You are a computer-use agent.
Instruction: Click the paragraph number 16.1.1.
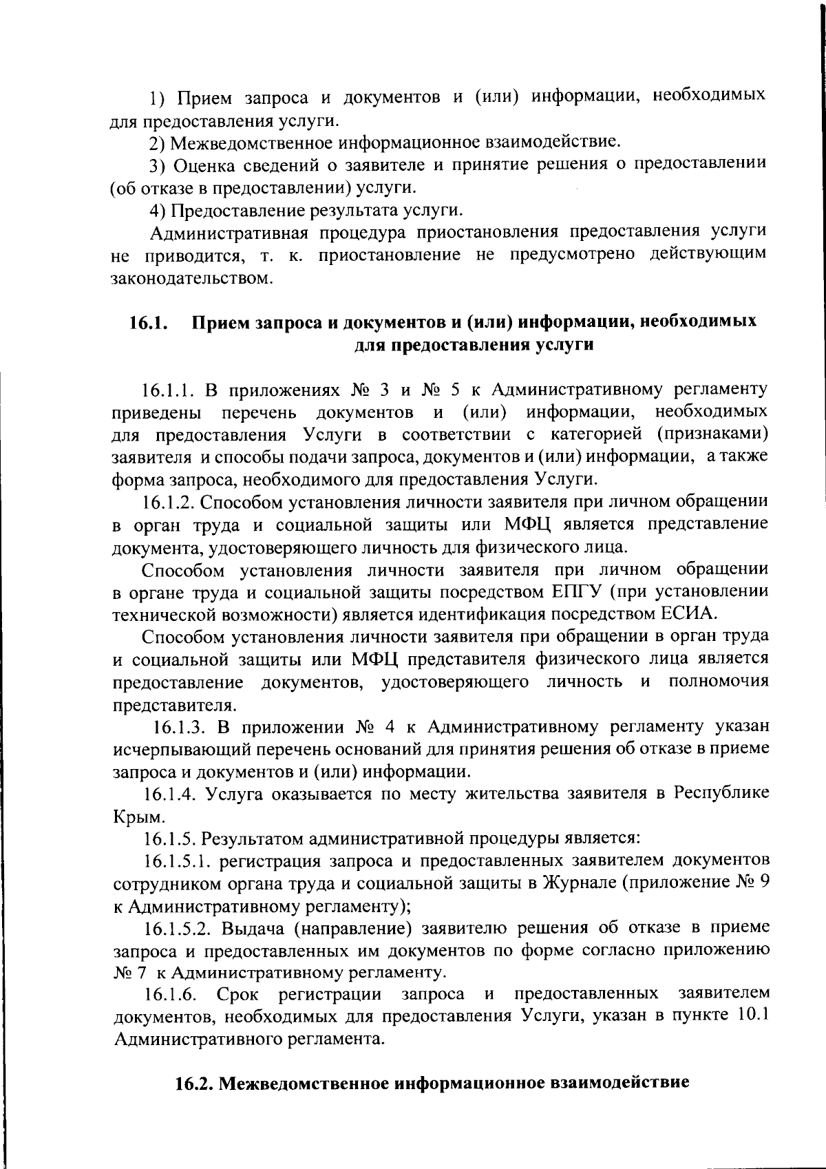pos(170,390)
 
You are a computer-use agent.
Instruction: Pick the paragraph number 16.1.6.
pos(171,995)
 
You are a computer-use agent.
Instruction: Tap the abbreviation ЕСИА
pos(690,613)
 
